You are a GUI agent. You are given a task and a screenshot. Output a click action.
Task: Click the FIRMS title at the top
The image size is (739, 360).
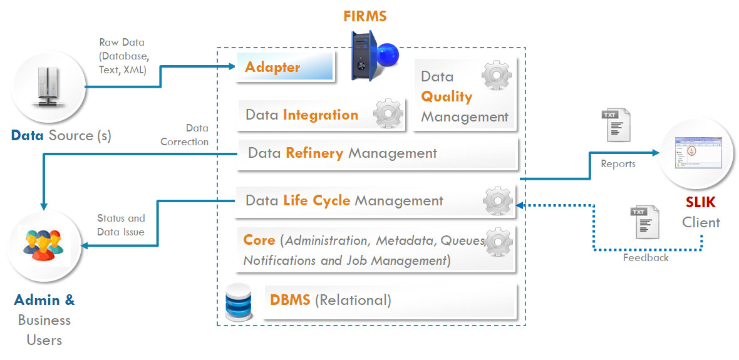tap(364, 16)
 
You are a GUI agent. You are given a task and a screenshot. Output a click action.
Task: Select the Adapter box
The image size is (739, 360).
tap(284, 66)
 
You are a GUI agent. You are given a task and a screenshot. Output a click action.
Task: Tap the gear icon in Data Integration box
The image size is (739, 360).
tap(387, 113)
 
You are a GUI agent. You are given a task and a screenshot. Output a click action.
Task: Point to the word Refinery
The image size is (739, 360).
tap(314, 153)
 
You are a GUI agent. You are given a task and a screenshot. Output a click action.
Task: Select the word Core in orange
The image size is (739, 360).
tap(259, 240)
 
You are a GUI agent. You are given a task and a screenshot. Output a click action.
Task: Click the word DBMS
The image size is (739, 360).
tap(290, 300)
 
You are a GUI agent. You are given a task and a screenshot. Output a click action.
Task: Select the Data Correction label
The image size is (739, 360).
tap(185, 135)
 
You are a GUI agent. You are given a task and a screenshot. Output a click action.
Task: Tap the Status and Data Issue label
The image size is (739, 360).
tap(121, 225)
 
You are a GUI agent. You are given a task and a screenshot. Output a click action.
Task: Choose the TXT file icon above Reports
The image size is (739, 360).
tap(616, 125)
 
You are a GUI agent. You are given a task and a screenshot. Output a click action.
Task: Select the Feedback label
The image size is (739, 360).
tap(646, 257)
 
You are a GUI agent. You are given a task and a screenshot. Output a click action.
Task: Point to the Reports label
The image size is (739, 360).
tap(618, 164)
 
